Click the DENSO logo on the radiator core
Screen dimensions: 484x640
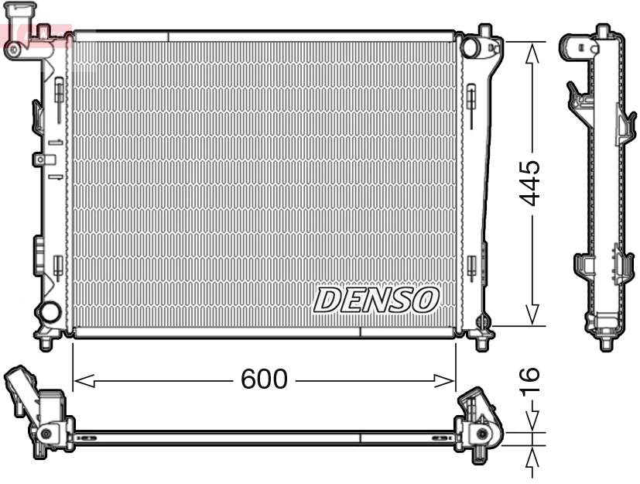[376, 300]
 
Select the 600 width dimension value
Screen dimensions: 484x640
[264, 379]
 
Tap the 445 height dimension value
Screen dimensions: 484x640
[530, 183]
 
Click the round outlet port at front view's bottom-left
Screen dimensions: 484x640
[50, 313]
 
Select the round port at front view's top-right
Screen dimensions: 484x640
[471, 46]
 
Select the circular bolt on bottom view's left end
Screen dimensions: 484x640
[46, 434]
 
